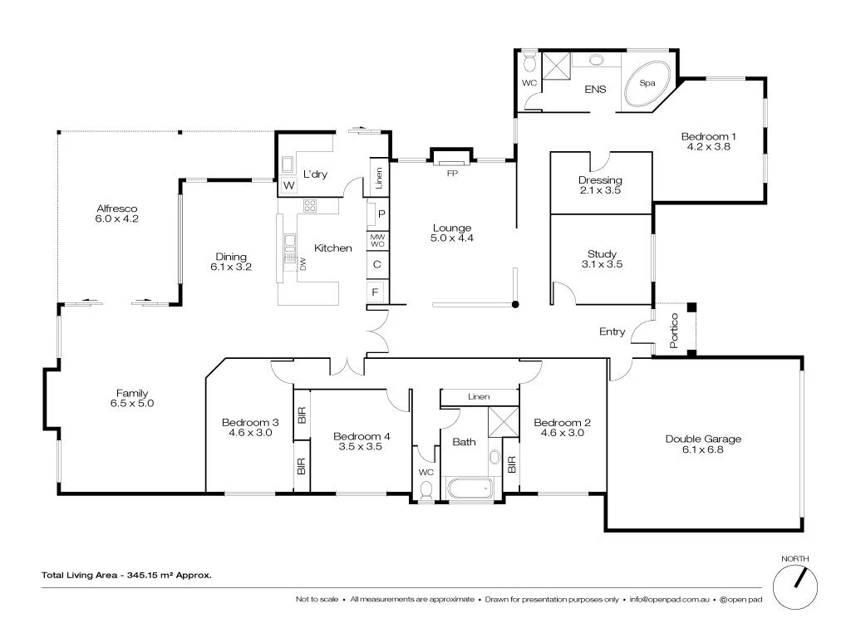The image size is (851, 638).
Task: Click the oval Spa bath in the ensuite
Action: [x=649, y=83]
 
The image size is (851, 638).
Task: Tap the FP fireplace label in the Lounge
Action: [x=452, y=173]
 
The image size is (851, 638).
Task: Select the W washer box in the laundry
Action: [x=289, y=185]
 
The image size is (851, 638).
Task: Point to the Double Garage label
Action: [x=703, y=439]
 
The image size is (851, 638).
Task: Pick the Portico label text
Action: [x=674, y=331]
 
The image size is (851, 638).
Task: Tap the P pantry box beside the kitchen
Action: [x=381, y=213]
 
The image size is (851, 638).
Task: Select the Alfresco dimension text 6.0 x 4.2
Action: [x=116, y=219]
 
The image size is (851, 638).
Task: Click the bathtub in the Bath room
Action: [x=470, y=488]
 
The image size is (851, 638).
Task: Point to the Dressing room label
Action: [x=600, y=180]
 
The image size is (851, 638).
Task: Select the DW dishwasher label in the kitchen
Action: [x=303, y=264]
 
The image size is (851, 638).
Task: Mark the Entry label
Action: [x=612, y=331]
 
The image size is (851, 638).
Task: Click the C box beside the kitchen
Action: [x=376, y=265]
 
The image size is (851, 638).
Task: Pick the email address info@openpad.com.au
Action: [x=667, y=599]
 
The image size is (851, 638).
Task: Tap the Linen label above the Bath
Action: [x=479, y=397]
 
